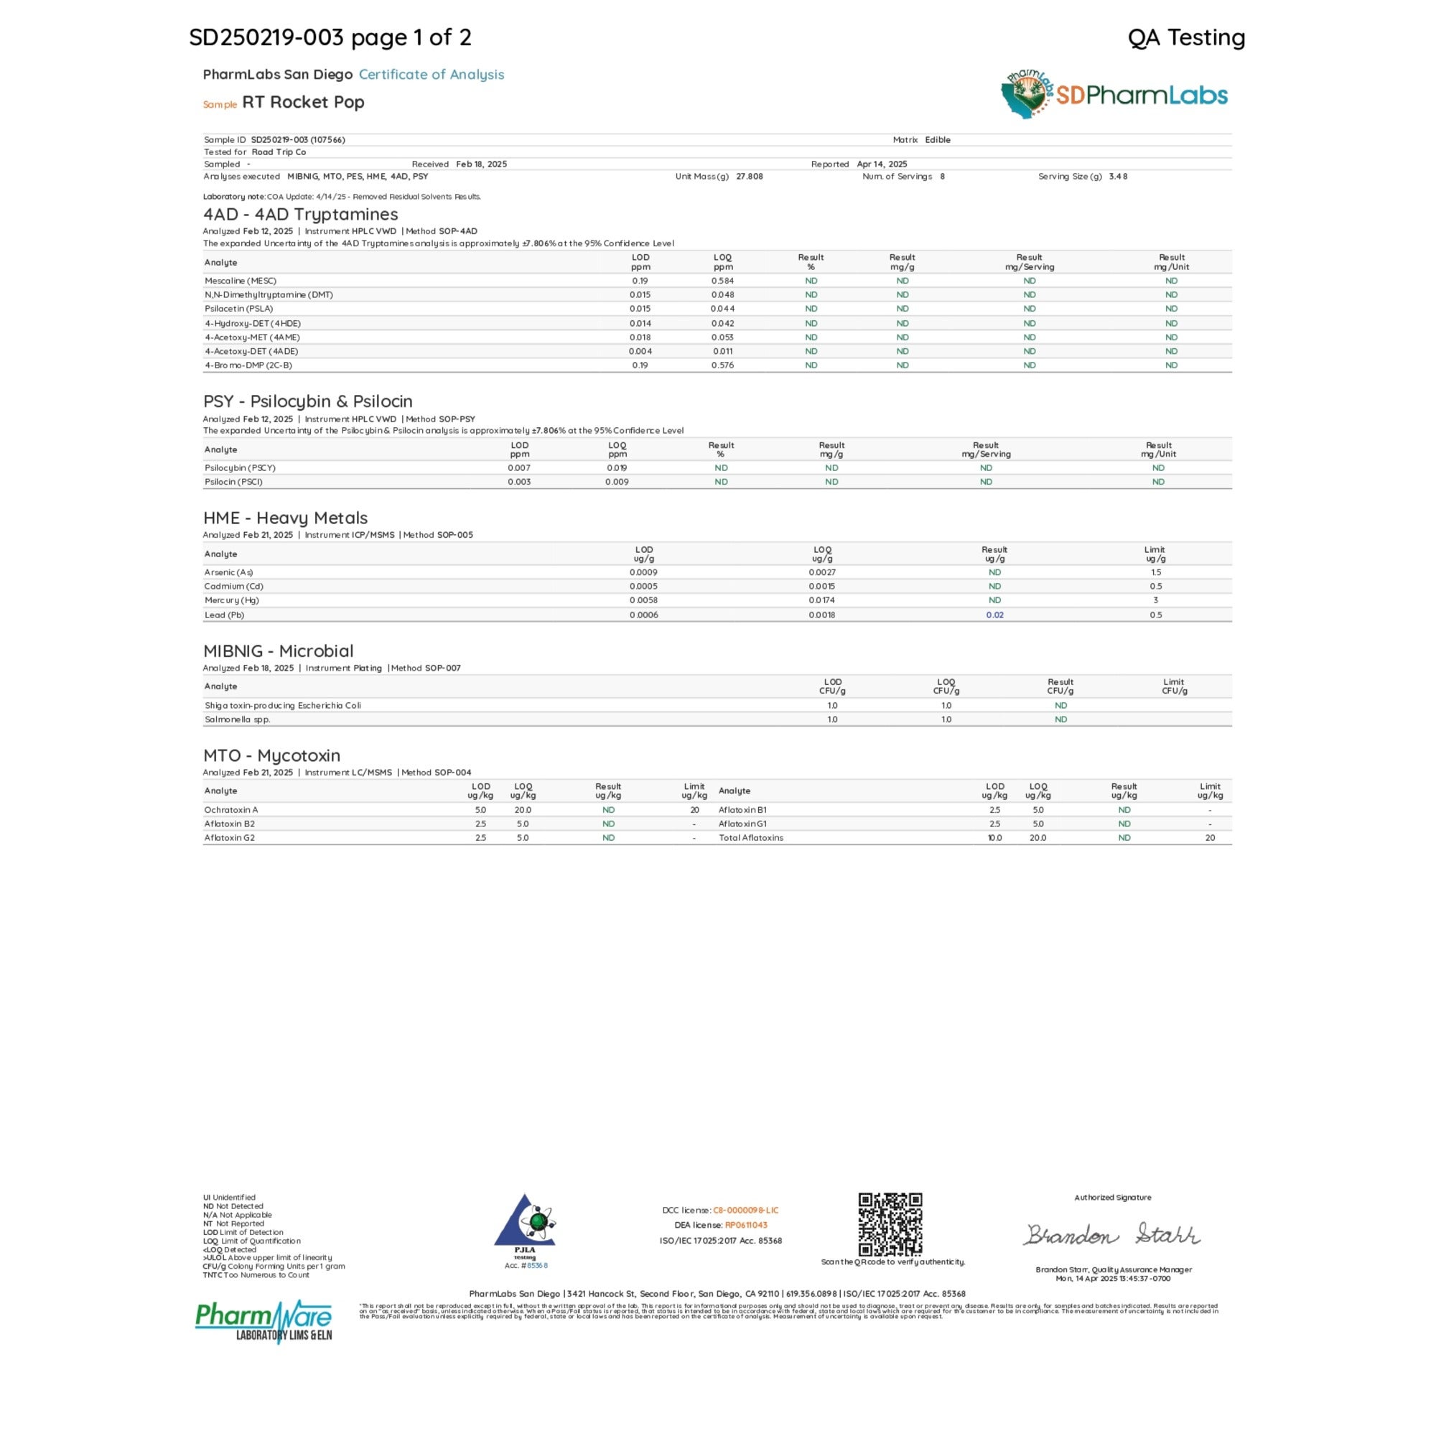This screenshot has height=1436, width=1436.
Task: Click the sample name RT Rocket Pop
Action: click(302, 102)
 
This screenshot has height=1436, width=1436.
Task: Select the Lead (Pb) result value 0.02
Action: click(994, 615)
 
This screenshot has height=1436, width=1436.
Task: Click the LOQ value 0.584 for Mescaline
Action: click(722, 281)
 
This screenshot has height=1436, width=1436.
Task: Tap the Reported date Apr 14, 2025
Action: click(882, 164)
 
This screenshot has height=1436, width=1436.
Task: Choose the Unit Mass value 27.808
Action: click(749, 177)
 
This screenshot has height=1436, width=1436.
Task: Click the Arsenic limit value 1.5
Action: click(1155, 572)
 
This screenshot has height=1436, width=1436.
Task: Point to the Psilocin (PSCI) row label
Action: click(233, 482)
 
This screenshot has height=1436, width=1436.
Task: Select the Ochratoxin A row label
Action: click(231, 809)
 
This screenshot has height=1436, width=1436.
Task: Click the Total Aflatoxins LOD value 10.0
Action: click(994, 838)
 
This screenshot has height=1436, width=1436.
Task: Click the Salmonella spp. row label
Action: click(237, 719)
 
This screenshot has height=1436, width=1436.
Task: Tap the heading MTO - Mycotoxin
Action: click(271, 755)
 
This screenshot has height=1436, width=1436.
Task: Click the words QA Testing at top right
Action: click(1186, 37)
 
